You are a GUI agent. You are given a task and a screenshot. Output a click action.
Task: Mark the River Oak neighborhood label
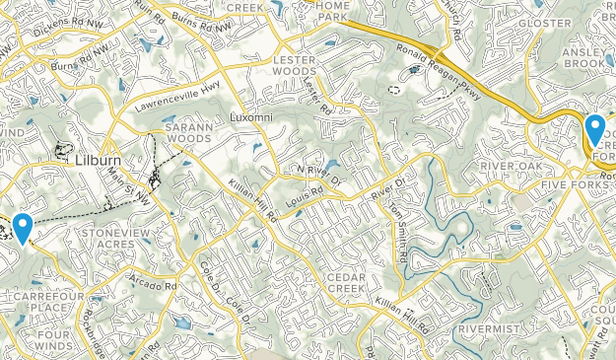point(512,166)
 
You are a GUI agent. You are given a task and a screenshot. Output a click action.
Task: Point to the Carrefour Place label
point(40,301)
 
